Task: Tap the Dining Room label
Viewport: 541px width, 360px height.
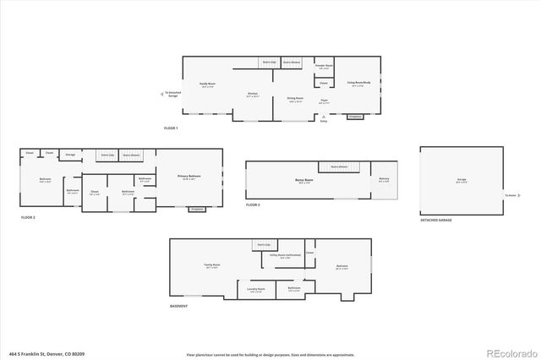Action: (292, 99)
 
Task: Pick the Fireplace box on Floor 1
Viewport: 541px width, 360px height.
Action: (356, 116)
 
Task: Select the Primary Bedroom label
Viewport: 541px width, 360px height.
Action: (188, 177)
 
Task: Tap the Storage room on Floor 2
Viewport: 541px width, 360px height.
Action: (71, 155)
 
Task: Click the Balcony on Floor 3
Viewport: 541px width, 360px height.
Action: (383, 179)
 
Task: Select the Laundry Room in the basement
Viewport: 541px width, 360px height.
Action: (256, 289)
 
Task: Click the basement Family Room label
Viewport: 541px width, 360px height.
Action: (201, 265)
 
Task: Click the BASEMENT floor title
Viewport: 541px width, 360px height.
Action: (178, 305)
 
